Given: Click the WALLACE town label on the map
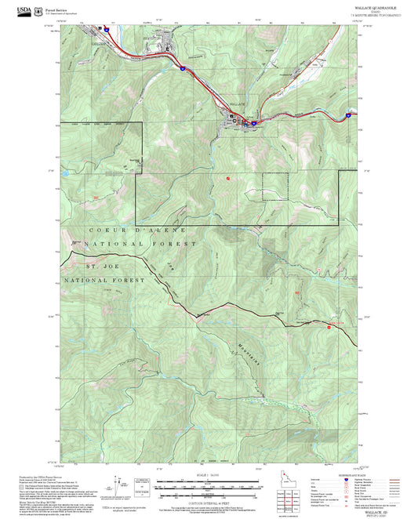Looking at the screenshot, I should tap(238, 104).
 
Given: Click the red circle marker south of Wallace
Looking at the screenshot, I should tap(228, 179).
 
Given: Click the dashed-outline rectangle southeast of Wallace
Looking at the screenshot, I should tap(275, 185).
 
